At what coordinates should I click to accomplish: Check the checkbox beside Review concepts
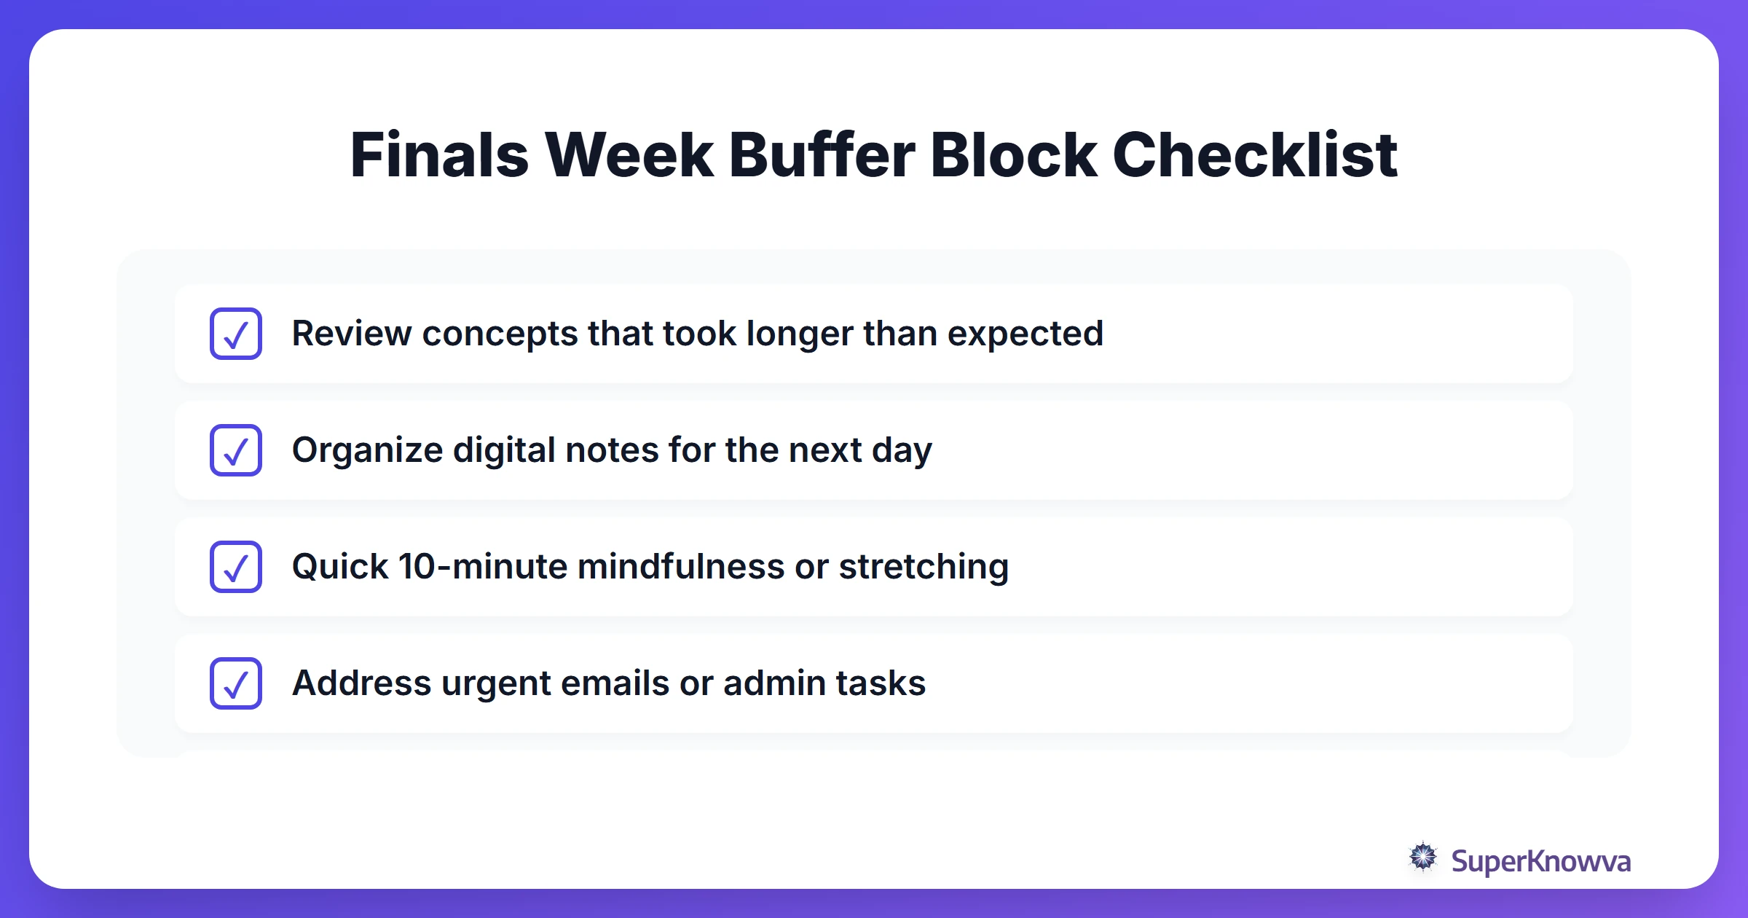[x=236, y=334]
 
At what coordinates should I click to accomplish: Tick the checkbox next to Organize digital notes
[x=236, y=450]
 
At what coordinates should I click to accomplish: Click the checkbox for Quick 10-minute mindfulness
[x=236, y=567]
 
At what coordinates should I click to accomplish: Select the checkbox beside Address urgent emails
[x=236, y=683]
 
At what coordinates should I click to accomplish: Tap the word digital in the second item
[x=504, y=450]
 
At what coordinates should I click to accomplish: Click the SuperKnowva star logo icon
[x=1423, y=858]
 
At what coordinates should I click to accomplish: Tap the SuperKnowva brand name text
[x=1540, y=861]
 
